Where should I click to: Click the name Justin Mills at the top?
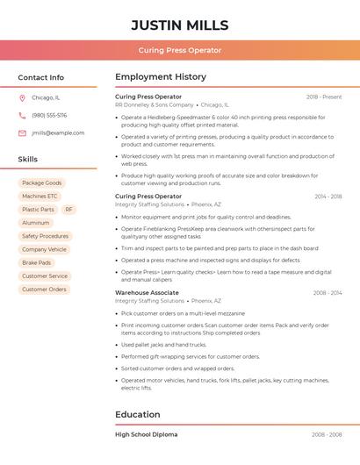tap(180, 25)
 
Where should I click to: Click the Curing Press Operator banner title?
tap(180, 50)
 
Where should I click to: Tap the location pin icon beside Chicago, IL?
tap(22, 98)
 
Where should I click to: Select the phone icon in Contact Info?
tap(22, 116)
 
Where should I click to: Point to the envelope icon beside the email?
tap(22, 133)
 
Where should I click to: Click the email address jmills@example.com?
tap(58, 133)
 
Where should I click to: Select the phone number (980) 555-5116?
tap(49, 116)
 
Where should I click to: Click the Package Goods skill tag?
tap(41, 182)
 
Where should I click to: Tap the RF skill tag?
tap(68, 210)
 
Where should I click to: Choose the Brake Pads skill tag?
tap(36, 262)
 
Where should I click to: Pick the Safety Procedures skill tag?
tap(45, 236)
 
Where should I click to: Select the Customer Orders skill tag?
tap(44, 289)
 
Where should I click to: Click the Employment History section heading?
tap(161, 77)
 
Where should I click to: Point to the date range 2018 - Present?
tap(324, 97)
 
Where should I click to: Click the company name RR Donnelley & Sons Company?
tap(155, 104)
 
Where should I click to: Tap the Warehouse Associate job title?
tap(147, 292)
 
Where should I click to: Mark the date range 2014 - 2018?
tap(328, 197)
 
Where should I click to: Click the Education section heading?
tap(138, 414)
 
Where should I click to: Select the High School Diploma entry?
tap(146, 434)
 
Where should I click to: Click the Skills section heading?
tap(28, 160)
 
